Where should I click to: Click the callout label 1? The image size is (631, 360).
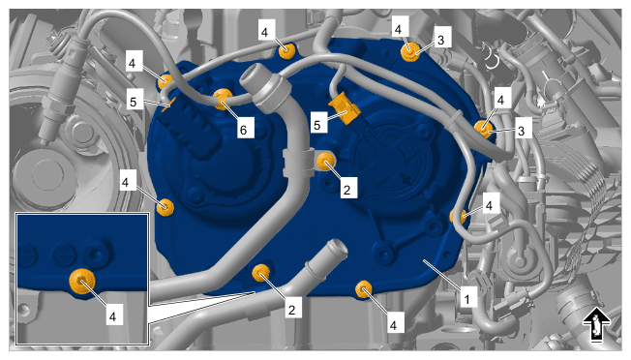[x=466, y=299]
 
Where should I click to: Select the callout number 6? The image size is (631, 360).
[x=244, y=129]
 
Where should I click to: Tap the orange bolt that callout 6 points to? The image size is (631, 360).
[x=222, y=99]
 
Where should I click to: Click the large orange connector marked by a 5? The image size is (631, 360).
[x=345, y=108]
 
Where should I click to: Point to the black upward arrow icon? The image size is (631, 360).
[x=596, y=325]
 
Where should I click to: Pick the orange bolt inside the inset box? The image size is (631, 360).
[x=82, y=281]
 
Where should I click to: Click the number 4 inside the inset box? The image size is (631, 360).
[x=112, y=316]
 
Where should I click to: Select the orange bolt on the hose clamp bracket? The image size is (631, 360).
[x=325, y=161]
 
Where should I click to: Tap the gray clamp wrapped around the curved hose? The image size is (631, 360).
[x=298, y=163]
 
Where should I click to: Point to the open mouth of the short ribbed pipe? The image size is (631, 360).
[x=337, y=248]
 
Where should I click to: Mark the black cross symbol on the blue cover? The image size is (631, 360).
[x=406, y=179]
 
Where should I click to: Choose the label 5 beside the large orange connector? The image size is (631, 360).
[x=317, y=124]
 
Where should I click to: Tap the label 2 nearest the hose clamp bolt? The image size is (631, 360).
[x=346, y=189]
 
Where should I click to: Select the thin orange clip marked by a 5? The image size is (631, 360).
[x=169, y=103]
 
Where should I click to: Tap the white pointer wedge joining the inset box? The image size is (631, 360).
[x=201, y=307]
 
